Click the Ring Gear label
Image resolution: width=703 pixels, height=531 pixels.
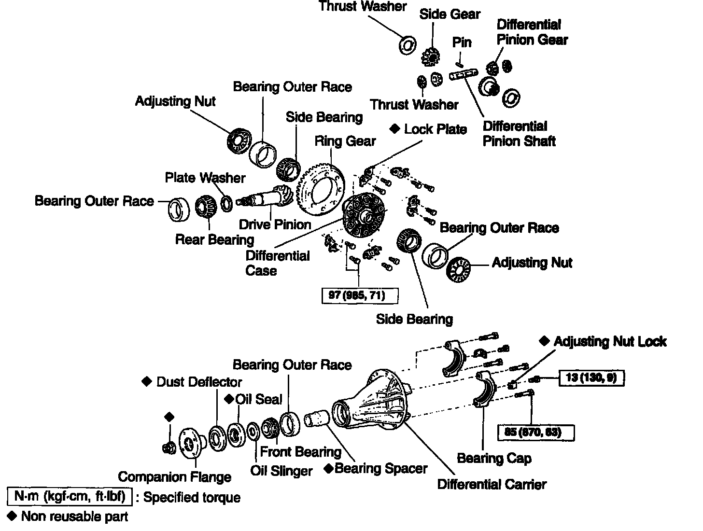(x=345, y=141)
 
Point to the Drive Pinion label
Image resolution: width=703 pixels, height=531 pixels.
(x=275, y=224)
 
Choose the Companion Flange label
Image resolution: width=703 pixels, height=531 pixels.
(x=174, y=477)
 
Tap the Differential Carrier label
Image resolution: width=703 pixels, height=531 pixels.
(x=492, y=484)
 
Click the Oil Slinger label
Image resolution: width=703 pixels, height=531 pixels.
(x=281, y=471)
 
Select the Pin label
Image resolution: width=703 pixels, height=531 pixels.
(x=462, y=42)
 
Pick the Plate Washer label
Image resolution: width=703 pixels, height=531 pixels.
(x=205, y=178)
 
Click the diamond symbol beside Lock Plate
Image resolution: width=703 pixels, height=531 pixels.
(x=395, y=129)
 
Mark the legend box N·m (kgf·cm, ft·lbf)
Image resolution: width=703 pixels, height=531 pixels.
(x=69, y=496)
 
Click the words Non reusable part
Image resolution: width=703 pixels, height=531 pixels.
(x=74, y=517)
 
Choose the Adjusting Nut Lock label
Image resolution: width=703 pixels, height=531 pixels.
(x=610, y=342)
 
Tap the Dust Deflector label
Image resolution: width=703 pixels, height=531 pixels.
(x=199, y=382)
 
